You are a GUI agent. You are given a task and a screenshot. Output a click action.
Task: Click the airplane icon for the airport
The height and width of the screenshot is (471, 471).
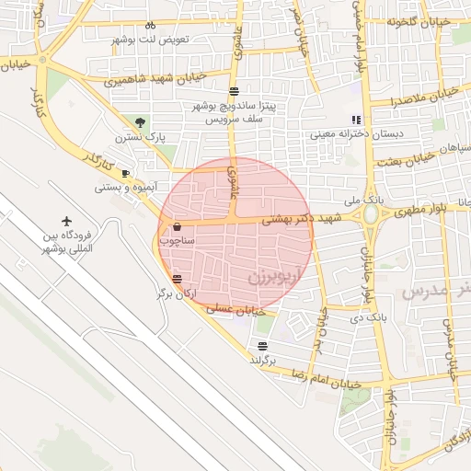[66, 221]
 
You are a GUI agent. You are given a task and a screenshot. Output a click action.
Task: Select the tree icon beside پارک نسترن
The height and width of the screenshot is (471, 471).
[140, 121]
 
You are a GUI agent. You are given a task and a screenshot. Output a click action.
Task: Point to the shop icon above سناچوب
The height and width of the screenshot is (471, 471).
[177, 225]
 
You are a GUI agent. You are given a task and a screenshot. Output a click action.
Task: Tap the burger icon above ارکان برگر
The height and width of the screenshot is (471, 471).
[177, 279]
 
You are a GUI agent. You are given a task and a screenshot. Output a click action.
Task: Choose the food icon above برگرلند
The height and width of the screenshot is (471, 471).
[263, 346]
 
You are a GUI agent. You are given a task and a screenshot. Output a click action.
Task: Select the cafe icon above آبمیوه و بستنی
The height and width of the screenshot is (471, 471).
[125, 173]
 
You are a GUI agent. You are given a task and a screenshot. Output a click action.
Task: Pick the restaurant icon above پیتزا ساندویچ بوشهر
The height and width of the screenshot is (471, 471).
[235, 91]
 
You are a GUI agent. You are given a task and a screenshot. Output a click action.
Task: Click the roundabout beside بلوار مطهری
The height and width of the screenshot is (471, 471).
[373, 215]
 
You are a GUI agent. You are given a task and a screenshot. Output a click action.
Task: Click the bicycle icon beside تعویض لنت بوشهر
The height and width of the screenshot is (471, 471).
[150, 26]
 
